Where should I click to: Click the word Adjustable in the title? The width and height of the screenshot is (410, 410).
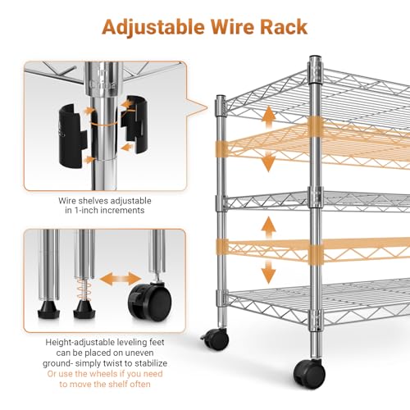click(153, 28)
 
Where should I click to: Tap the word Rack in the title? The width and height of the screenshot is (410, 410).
click(284, 27)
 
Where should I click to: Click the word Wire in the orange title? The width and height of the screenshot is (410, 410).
click(232, 27)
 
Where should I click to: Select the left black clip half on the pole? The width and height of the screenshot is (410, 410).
click(73, 135)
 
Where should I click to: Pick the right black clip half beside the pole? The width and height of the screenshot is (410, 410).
click(134, 124)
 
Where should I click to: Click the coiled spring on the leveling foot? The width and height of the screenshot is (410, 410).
click(84, 289)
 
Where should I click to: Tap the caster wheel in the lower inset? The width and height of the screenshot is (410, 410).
click(150, 302)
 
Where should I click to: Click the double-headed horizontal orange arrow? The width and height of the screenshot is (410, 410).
click(120, 279)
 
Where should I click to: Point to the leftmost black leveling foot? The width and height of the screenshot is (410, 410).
click(48, 309)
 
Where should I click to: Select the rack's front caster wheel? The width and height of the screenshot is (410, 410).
click(309, 373)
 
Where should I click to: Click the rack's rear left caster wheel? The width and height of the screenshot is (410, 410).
click(216, 339)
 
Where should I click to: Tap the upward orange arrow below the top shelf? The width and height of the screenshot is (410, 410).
click(269, 117)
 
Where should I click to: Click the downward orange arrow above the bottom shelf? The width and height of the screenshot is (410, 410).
click(268, 272)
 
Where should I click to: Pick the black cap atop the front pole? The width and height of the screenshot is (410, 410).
click(316, 58)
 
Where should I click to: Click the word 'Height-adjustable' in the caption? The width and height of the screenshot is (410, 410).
click(80, 343)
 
